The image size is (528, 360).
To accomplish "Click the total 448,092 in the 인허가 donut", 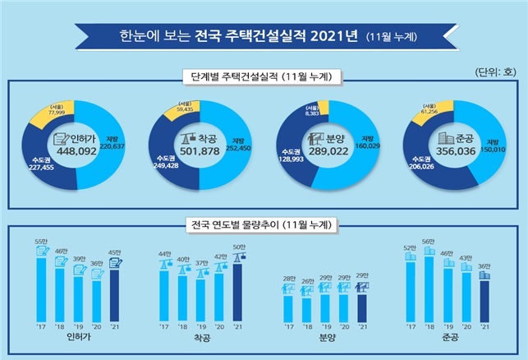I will (76, 150).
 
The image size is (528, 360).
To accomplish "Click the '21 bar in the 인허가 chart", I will (115, 296).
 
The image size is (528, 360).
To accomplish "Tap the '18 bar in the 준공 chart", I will (427, 288).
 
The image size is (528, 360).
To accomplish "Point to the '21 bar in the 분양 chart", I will (362, 306).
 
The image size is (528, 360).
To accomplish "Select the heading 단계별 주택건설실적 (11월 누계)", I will (263, 78).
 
